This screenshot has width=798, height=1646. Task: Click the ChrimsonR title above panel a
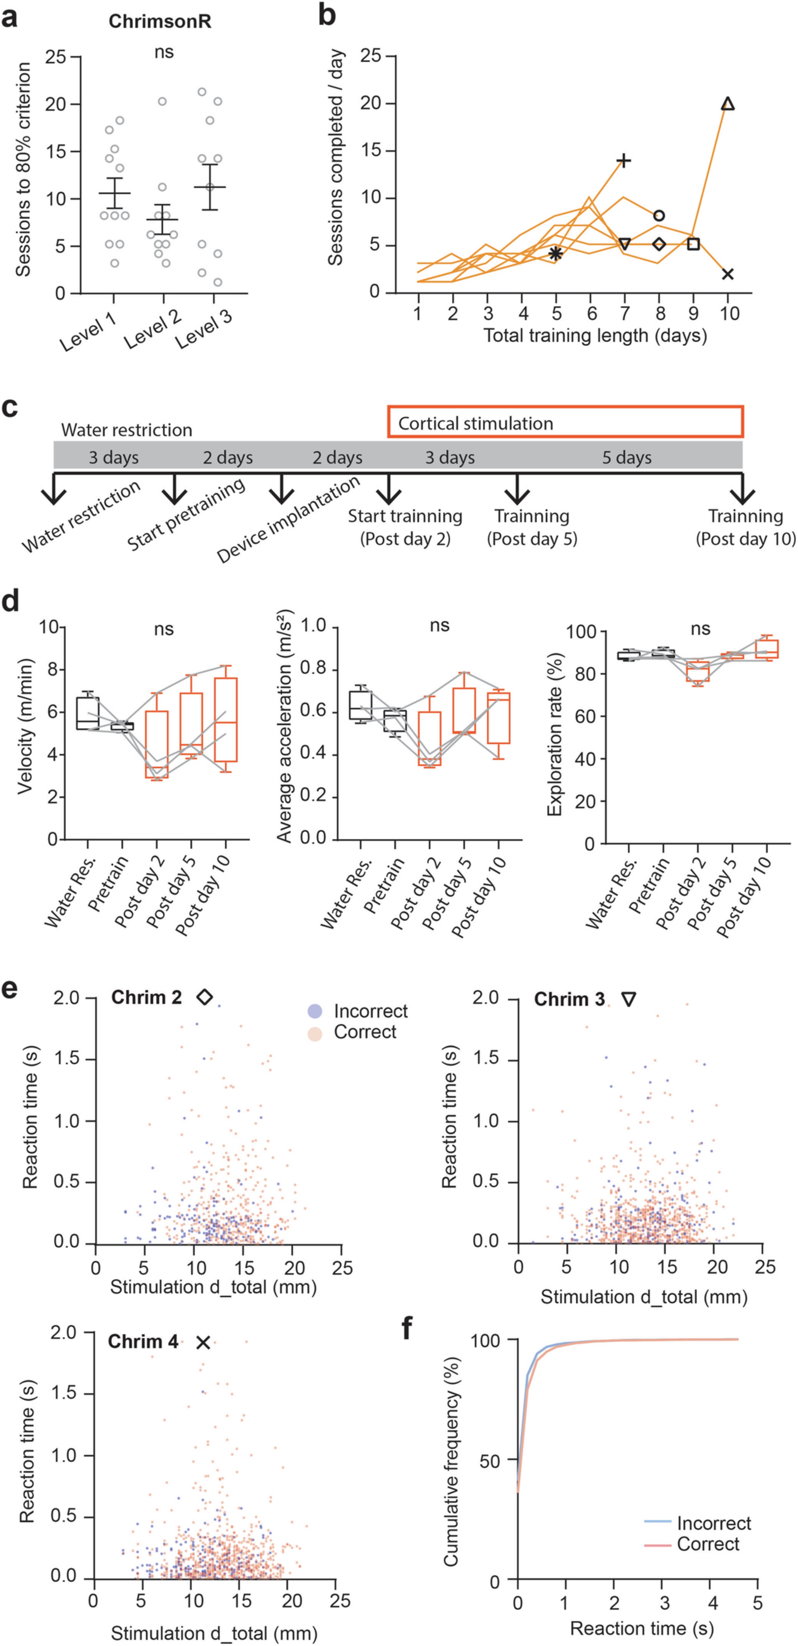pyautogui.click(x=160, y=21)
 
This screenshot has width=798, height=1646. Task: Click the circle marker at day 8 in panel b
pyautogui.click(x=659, y=215)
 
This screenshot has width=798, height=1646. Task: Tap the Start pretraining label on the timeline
pyautogui.click(x=185, y=515)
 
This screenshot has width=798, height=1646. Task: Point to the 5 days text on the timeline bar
pyautogui.click(x=627, y=458)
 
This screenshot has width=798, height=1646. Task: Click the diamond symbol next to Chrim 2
pyautogui.click(x=204, y=997)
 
